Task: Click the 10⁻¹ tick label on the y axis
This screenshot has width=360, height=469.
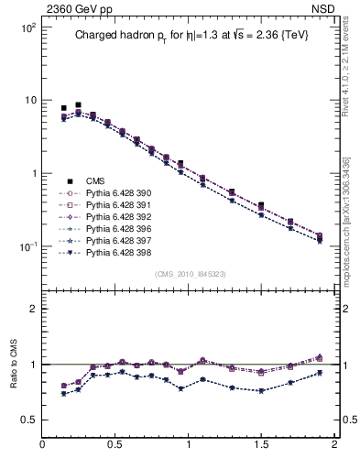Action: (x=27, y=246)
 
